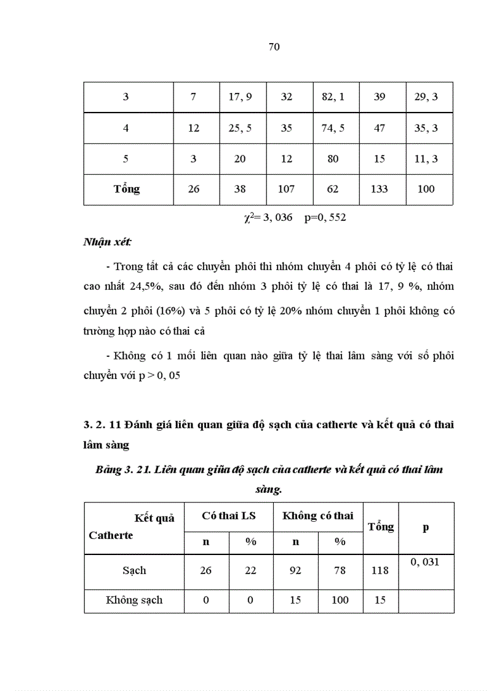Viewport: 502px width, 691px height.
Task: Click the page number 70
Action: (x=274, y=47)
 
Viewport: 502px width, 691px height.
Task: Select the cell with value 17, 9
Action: (x=240, y=97)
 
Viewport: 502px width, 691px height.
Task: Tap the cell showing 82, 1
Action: (x=333, y=97)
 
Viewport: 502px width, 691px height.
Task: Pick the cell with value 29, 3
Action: (x=426, y=97)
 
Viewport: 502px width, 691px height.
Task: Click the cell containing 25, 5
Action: (x=240, y=128)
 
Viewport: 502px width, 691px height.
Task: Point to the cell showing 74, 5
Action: (x=333, y=128)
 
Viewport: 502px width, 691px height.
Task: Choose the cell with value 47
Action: (x=380, y=128)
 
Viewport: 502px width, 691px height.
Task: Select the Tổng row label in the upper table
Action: (x=127, y=189)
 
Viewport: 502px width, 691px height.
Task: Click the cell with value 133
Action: (x=380, y=189)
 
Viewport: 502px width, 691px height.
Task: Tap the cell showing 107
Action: (x=286, y=189)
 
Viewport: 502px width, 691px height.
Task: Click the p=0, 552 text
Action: (x=325, y=217)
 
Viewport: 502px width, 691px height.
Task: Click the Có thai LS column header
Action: (x=229, y=516)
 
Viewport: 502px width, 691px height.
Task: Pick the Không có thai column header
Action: (x=318, y=516)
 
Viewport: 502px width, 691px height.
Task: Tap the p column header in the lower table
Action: (x=426, y=527)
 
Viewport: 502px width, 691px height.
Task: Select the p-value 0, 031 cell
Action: (x=426, y=562)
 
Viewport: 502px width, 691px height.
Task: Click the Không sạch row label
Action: (x=134, y=600)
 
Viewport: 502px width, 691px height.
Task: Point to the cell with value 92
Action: (x=296, y=570)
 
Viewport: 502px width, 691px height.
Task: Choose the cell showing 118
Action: (x=380, y=570)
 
